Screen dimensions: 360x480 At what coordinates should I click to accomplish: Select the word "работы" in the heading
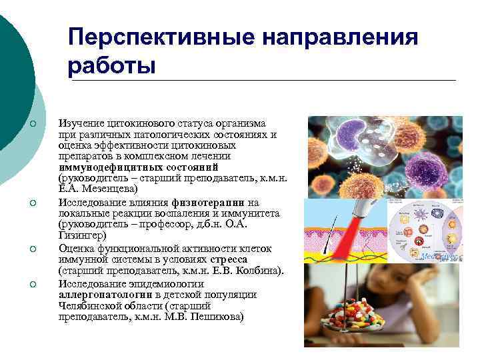click(x=111, y=65)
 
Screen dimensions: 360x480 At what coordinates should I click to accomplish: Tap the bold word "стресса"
click(x=229, y=259)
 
